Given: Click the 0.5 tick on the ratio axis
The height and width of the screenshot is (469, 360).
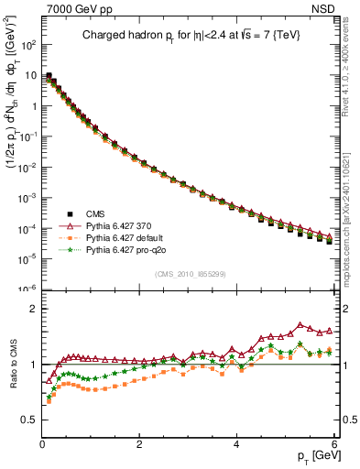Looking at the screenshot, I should point(29,420).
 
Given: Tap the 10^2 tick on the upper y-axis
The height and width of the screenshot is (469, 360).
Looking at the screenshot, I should point(28,44).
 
